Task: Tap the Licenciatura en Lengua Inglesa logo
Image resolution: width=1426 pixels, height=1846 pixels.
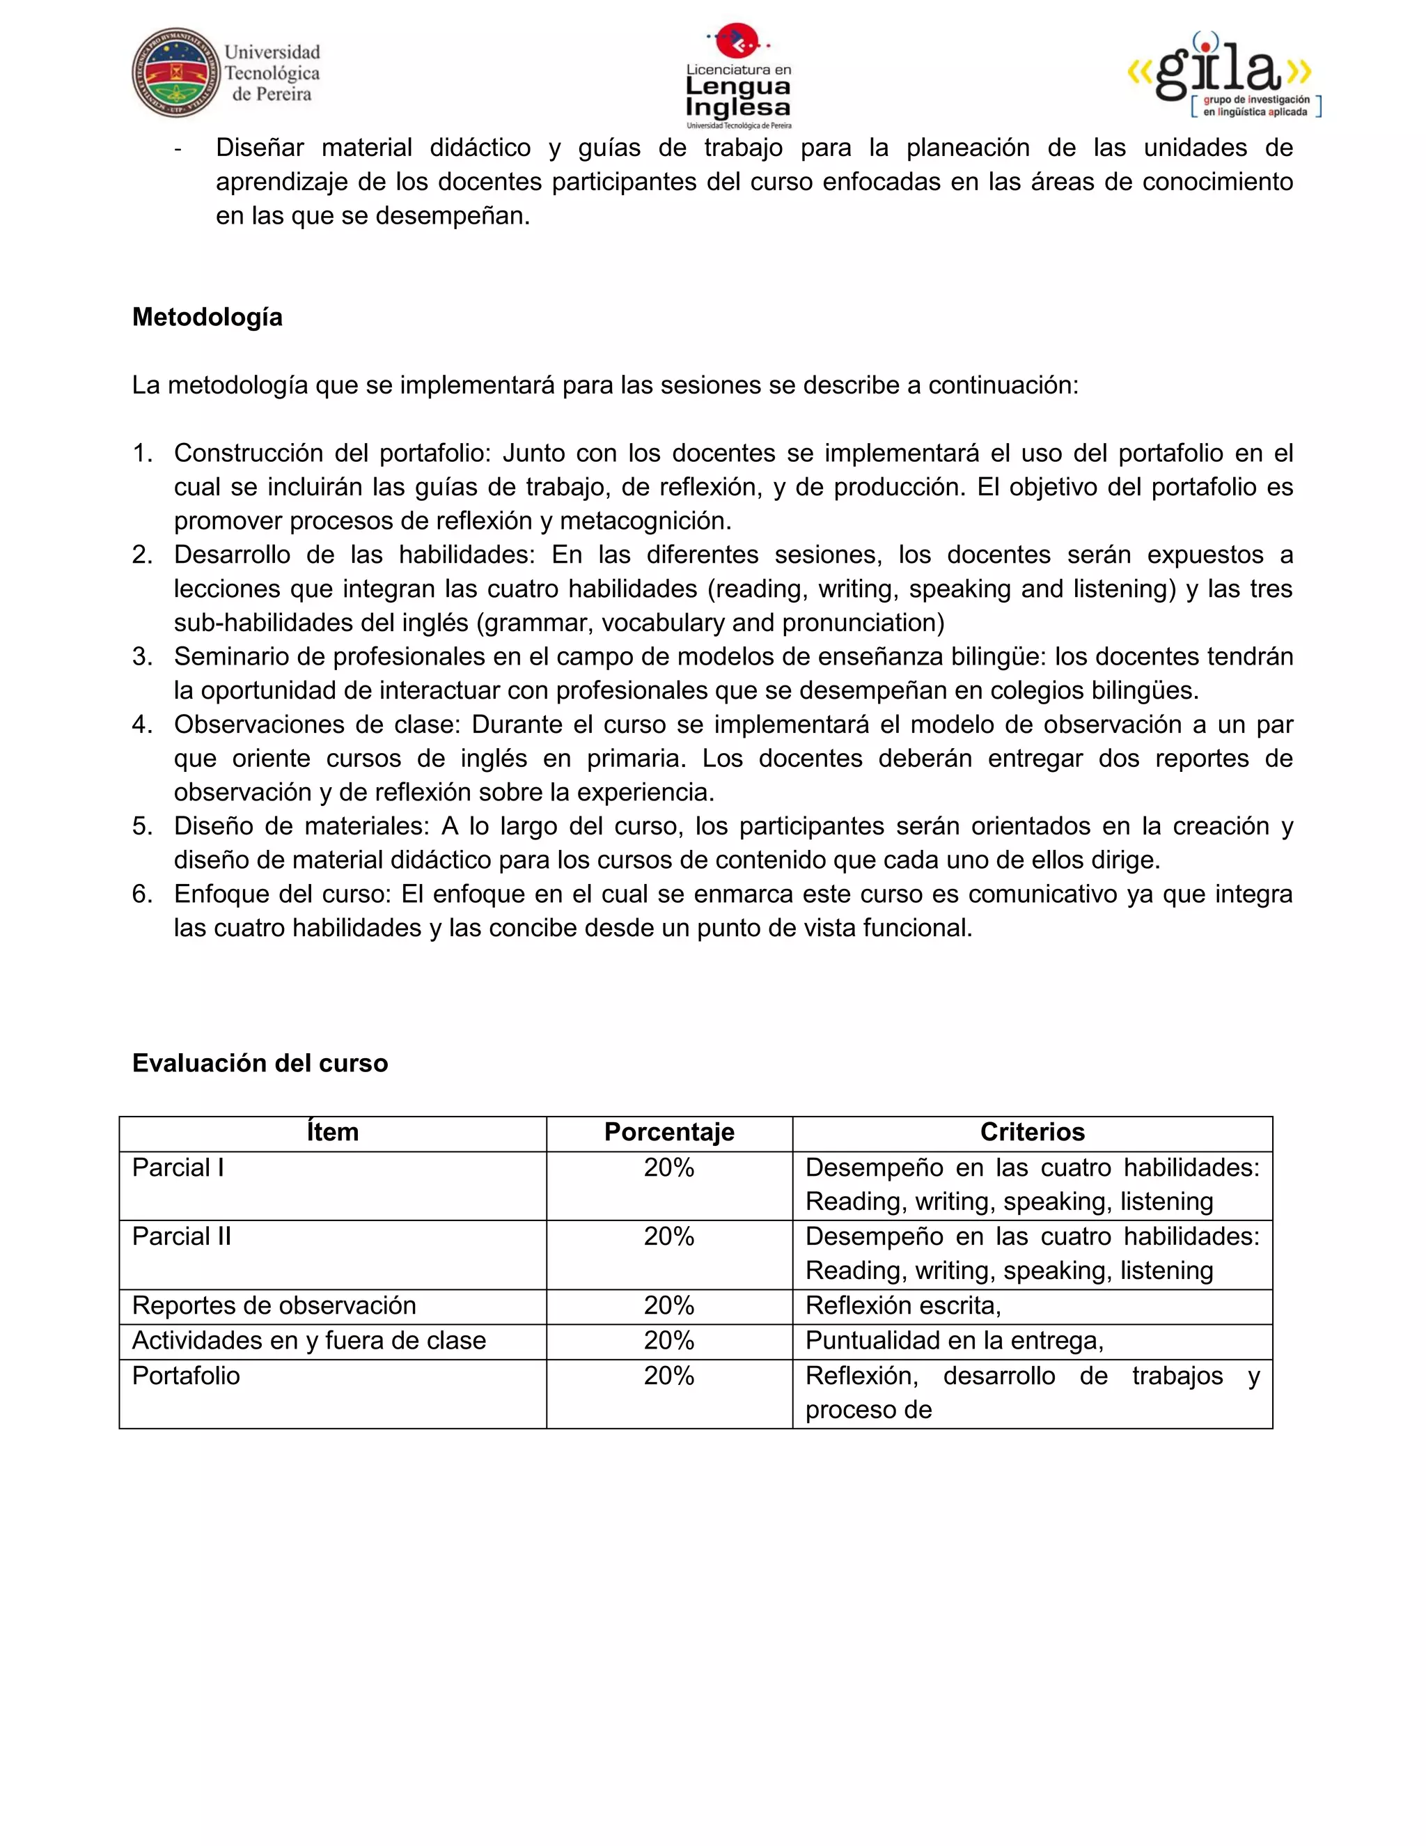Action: [x=737, y=76]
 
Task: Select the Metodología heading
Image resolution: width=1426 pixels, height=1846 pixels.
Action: [x=207, y=317]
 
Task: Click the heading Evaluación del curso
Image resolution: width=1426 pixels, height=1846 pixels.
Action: [x=259, y=1062]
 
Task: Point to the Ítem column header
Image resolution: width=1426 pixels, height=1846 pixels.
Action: [x=332, y=1132]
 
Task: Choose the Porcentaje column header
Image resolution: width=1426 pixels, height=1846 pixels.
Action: [x=668, y=1132]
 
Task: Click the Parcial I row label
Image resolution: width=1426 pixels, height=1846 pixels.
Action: [x=178, y=1168]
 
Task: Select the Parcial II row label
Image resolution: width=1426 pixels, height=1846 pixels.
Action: [x=182, y=1236]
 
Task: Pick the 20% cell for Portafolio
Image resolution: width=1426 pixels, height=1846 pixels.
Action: [x=668, y=1375]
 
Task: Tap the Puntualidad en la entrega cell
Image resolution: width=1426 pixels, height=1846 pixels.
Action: [x=954, y=1340]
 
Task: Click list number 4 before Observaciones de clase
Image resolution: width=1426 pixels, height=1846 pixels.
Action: [x=142, y=724]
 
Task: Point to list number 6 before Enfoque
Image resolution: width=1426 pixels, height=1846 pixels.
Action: [x=142, y=894]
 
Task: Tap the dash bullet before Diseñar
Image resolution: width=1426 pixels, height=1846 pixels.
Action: [x=178, y=149]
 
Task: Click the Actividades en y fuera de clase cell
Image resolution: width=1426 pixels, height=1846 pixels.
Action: [x=308, y=1340]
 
